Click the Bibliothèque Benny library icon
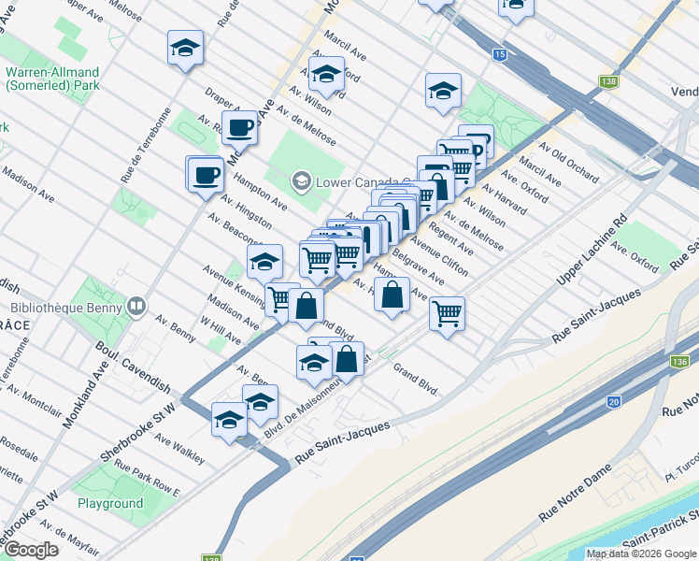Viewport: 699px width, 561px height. pos(137,306)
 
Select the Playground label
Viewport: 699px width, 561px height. pos(110,503)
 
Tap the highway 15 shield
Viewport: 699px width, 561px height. pos(500,55)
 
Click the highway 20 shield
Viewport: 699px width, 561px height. pos(613,401)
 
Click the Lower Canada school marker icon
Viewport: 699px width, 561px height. pos(301,180)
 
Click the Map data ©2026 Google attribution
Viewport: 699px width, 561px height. pos(641,554)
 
